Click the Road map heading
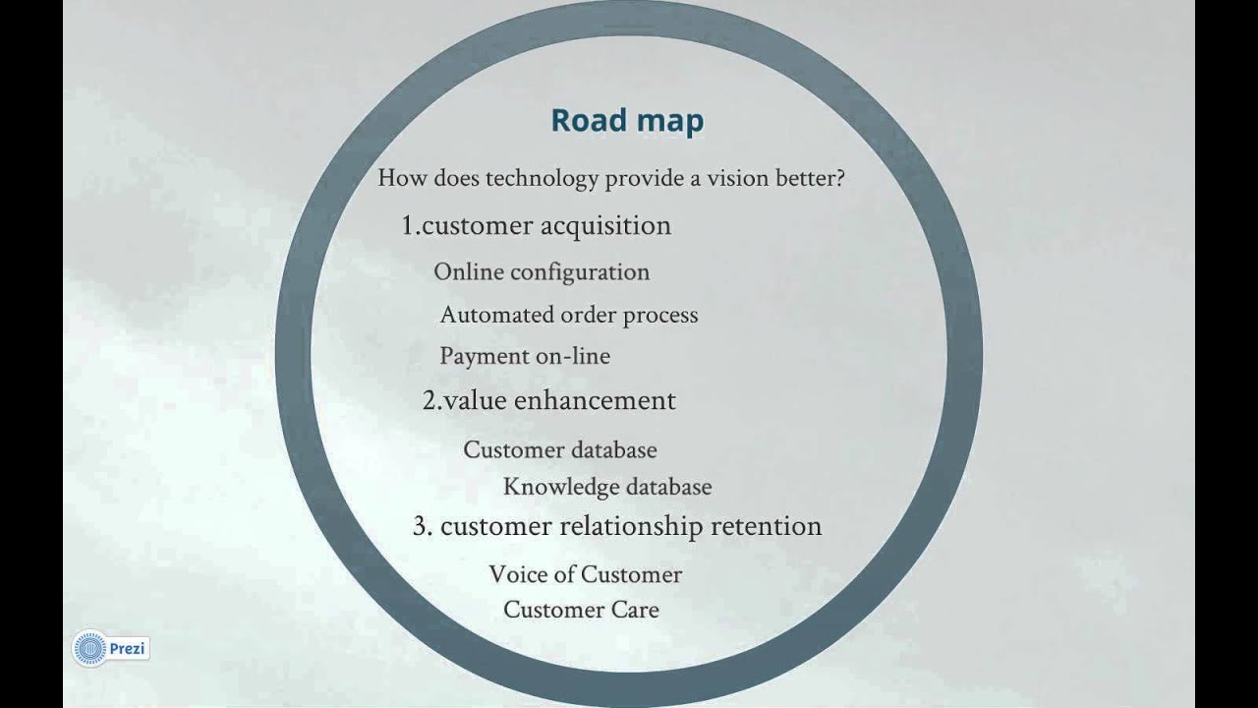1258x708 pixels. click(x=627, y=120)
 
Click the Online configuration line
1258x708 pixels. click(x=542, y=272)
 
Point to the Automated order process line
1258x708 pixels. click(x=569, y=316)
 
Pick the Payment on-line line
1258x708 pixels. click(x=525, y=356)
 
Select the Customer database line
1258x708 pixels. click(x=560, y=450)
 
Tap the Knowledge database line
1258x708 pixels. click(x=607, y=487)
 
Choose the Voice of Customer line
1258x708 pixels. click(x=585, y=574)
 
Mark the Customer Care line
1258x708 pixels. click(x=581, y=610)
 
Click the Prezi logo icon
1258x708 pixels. click(x=89, y=649)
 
